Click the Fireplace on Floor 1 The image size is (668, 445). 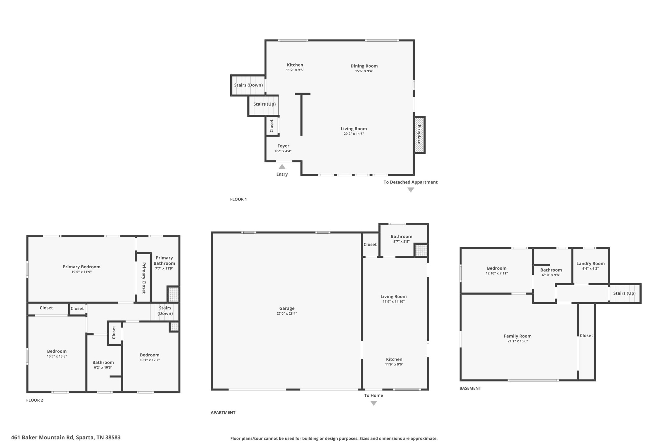[419, 135]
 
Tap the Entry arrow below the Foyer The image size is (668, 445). [282, 167]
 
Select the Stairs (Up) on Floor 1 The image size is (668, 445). [264, 104]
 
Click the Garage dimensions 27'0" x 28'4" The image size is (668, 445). [287, 314]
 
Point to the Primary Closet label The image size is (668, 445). [144, 278]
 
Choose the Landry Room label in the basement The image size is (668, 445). [590, 263]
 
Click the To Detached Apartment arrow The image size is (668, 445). [411, 190]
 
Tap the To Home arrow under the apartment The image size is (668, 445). [374, 403]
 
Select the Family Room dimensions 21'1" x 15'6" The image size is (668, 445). [518, 341]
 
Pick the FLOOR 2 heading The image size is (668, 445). [35, 400]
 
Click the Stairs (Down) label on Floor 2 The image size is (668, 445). [165, 311]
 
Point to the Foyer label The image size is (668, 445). [283, 146]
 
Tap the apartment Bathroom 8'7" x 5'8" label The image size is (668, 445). [401, 237]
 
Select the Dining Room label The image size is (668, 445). [364, 66]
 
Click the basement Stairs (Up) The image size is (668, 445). [624, 293]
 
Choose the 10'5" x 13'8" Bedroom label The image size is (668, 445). [57, 351]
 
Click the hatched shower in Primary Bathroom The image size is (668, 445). [173, 294]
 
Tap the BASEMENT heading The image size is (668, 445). [470, 388]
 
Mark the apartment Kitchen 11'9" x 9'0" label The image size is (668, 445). [394, 359]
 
